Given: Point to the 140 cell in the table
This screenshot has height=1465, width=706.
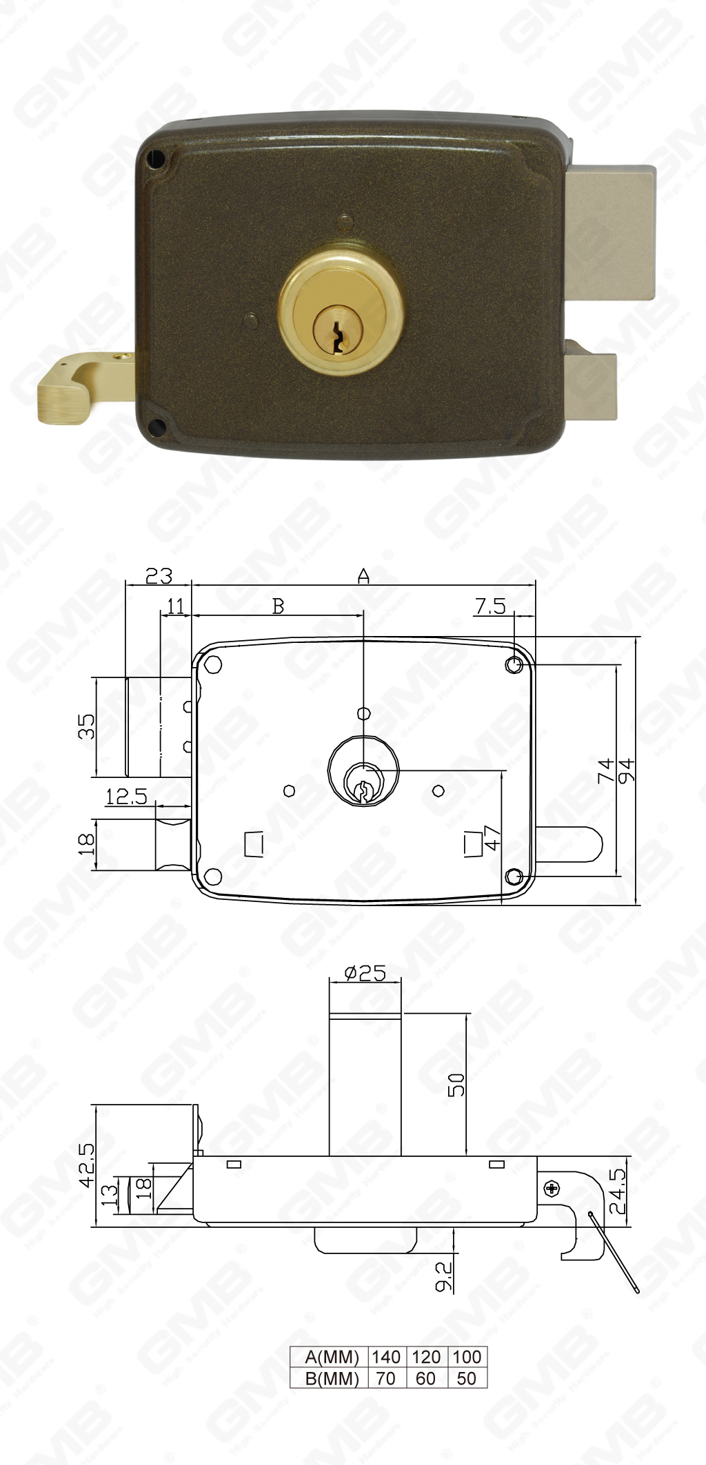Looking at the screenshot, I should point(386,1357).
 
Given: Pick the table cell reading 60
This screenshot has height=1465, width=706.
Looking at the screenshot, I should point(426,1378).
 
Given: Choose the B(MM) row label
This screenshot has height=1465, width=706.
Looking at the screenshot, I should point(332,1378).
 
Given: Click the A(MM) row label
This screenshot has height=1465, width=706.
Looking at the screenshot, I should point(332,1357).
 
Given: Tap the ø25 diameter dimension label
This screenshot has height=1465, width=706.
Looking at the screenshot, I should point(365,972).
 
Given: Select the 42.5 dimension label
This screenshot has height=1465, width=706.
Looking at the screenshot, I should point(87,1165).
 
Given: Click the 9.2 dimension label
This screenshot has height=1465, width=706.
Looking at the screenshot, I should point(445,1276).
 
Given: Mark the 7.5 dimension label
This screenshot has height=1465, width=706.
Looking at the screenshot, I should point(490,606).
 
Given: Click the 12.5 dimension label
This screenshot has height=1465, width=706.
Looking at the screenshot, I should point(126,797).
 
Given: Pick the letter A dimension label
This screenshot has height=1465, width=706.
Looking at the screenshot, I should point(363,575).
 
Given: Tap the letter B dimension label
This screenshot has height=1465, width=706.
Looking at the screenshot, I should point(278,606).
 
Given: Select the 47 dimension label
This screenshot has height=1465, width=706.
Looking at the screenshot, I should point(492,837).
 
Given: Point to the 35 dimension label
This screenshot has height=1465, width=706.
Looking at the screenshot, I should point(87,726).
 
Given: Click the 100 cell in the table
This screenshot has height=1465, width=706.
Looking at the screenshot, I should point(467,1357).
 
